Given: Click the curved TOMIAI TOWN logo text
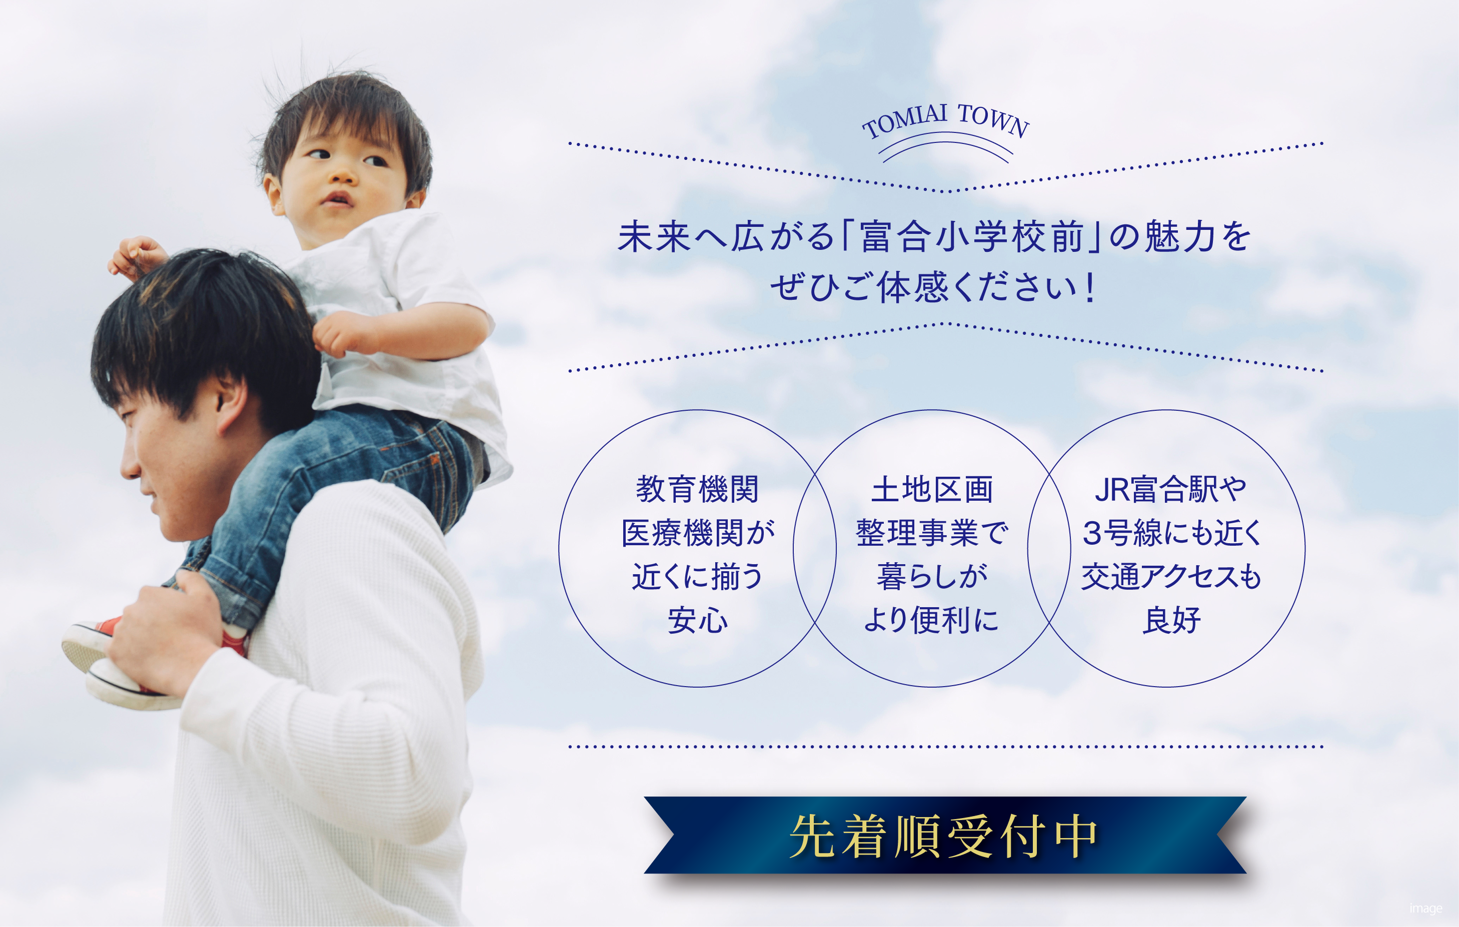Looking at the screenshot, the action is point(945,120).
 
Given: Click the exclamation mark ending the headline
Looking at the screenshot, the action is point(1091,287).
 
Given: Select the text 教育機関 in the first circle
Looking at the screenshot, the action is point(697,489).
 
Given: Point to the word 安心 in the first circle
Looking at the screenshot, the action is point(697,621).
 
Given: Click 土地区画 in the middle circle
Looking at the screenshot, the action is point(932,489).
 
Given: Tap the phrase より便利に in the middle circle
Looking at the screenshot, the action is point(931,621).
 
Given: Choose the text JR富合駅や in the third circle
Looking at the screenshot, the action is point(1170,489).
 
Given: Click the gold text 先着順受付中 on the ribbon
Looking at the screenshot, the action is point(943,836).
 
